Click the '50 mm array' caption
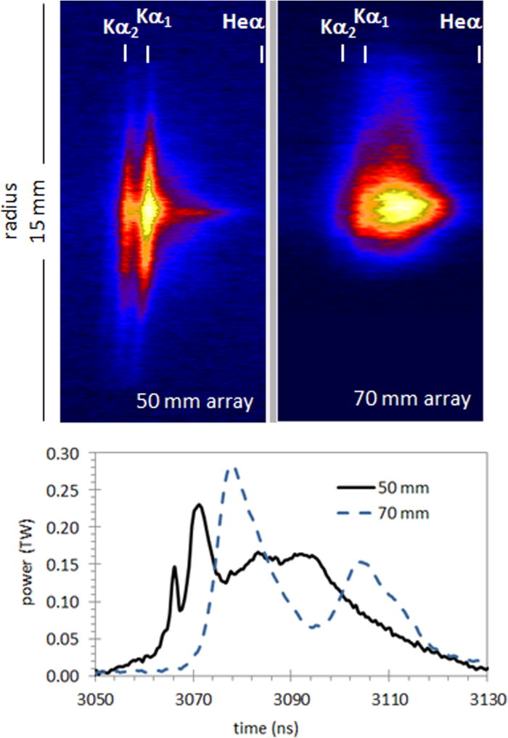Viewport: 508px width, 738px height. click(197, 401)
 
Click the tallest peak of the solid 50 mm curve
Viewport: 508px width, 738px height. click(197, 504)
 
